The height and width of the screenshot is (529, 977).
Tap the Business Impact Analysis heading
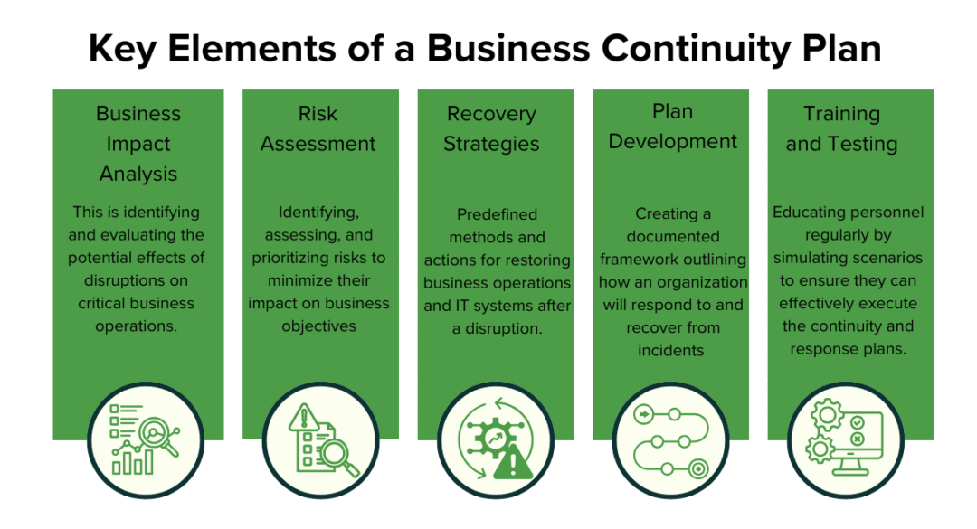pos(138,144)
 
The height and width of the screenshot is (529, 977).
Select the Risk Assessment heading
pos(318,128)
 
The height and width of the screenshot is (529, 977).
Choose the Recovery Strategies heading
pos(491,128)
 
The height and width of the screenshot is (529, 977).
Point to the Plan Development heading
pos(672,127)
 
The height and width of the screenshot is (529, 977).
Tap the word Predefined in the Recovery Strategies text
pos(497,214)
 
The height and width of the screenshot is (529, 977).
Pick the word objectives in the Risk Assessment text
pos(318,326)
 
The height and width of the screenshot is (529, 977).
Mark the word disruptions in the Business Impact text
pos(110,280)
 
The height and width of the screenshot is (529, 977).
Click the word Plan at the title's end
pos(842,48)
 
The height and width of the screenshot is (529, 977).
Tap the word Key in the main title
pos(122,48)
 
